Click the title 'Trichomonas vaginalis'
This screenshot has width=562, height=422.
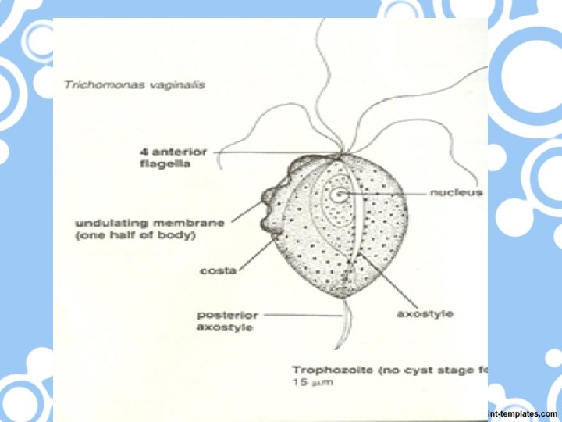coord(133,84)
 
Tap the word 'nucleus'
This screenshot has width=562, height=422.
coord(456,192)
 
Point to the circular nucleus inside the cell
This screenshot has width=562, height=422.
coord(340,195)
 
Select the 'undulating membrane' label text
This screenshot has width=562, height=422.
coord(149,223)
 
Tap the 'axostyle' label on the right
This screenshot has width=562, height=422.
coord(425,314)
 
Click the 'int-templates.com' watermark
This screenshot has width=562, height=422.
coord(522,413)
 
